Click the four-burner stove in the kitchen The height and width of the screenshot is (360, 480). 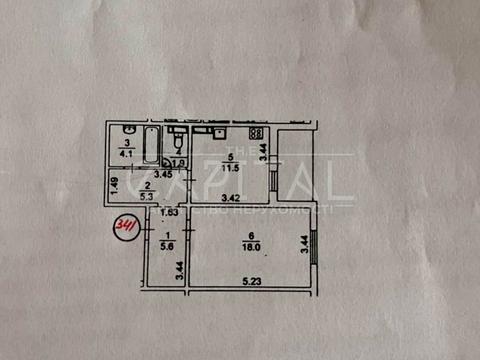[256, 132]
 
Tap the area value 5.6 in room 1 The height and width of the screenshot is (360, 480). [167, 245]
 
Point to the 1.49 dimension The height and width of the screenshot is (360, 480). [115, 184]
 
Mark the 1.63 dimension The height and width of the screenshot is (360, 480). [166, 212]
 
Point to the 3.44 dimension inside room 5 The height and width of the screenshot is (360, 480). [264, 151]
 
